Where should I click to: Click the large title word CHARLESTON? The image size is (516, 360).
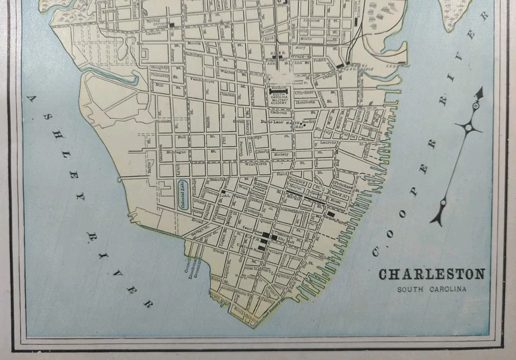[x=432, y=275]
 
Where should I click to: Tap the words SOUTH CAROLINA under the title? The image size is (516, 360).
[x=432, y=290]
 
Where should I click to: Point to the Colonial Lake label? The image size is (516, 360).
[x=183, y=196]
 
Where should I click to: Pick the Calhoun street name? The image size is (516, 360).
[x=278, y=113]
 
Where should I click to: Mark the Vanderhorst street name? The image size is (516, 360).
[x=202, y=82]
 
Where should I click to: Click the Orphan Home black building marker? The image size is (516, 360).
[x=171, y=25]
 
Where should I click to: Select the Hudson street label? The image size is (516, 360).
[x=278, y=86]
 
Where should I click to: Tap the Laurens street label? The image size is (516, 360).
[x=329, y=143]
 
